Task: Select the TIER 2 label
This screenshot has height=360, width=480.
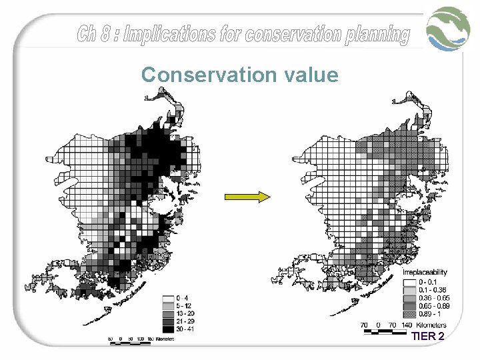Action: click(427, 336)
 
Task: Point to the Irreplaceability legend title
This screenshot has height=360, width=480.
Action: click(424, 273)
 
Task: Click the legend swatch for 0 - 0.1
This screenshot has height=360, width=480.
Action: click(407, 282)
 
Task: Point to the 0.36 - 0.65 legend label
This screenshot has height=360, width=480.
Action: click(433, 298)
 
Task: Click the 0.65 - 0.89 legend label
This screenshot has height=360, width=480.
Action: click(433, 305)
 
